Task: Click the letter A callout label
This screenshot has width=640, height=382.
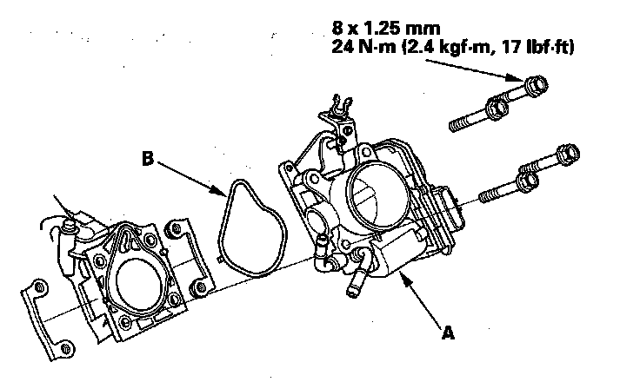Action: pos(448,330)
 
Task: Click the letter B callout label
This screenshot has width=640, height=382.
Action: pos(149,158)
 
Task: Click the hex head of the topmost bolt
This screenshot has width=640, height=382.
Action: pos(534,86)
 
